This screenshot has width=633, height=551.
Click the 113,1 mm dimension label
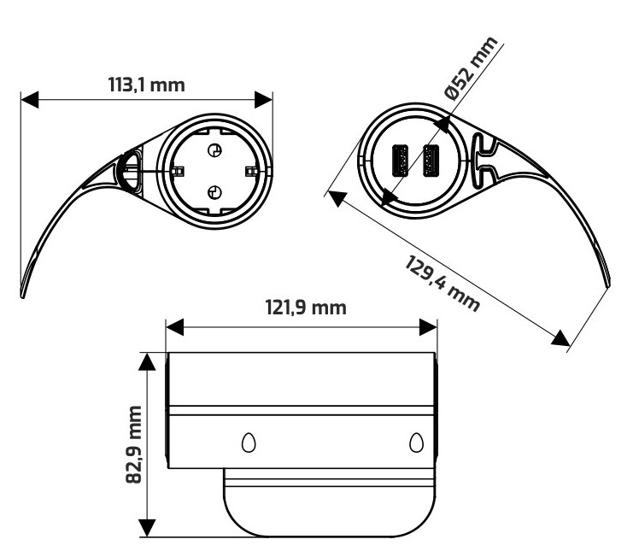[x=147, y=85]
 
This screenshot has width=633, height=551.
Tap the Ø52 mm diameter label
[x=471, y=67]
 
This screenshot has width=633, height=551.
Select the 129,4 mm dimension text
[x=442, y=284]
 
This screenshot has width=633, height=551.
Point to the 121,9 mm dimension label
[x=306, y=308]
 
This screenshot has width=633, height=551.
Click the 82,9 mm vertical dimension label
[x=133, y=444]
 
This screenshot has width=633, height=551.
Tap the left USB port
[x=400, y=161]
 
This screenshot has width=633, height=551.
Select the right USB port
[x=431, y=161]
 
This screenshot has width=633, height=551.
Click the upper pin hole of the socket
[x=214, y=150]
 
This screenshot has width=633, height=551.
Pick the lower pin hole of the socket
[x=214, y=192]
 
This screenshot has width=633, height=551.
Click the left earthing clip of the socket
[x=177, y=172]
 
